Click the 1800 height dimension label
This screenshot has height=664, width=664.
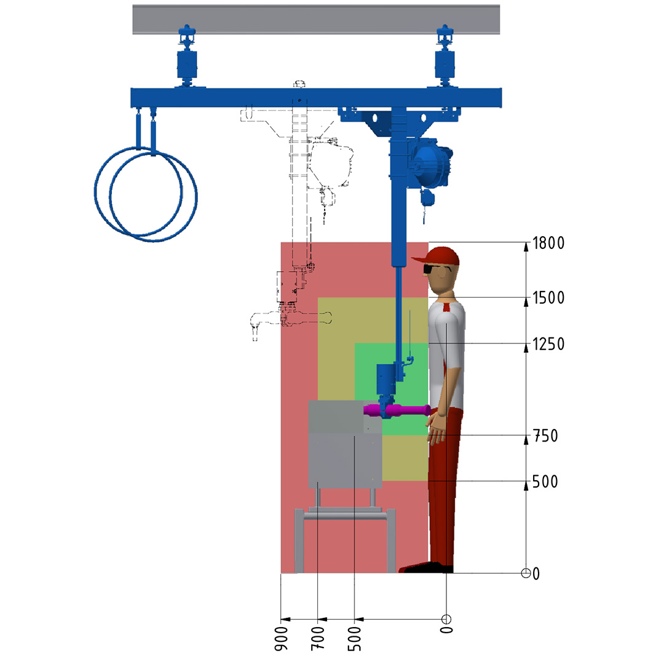(x=548, y=243)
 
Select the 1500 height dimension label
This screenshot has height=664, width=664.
(x=548, y=298)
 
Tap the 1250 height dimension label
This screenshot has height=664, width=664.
(x=548, y=344)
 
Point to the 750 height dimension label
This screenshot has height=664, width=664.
(x=545, y=436)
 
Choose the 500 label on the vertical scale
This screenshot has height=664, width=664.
(x=545, y=481)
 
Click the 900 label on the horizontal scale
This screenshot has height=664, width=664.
(x=282, y=638)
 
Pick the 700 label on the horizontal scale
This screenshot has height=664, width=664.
(x=318, y=638)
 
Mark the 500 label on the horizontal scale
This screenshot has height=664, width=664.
(x=355, y=638)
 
